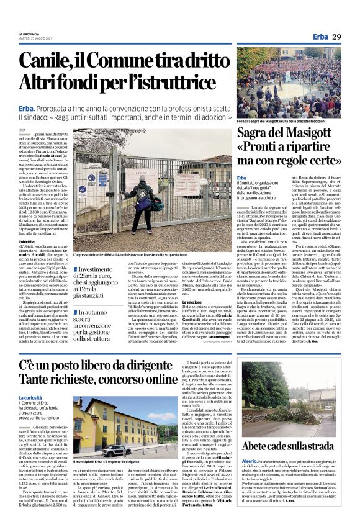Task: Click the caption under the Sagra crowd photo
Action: click(289, 121)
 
